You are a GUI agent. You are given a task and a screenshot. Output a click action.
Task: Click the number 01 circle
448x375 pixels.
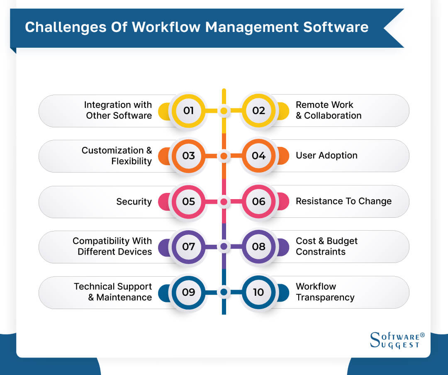tap(189, 111)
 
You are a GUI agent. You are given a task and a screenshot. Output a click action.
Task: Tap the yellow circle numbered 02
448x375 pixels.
tap(258, 111)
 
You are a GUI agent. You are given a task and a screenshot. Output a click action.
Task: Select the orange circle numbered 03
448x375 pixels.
tap(189, 156)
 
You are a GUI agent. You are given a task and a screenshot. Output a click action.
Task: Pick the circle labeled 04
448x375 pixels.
tap(258, 156)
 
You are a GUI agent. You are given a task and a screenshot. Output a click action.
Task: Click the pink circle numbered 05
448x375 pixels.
tap(189, 202)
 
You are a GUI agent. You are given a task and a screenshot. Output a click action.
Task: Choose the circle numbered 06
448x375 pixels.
tap(258, 202)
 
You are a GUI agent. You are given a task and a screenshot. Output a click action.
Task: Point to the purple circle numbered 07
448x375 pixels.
tap(189, 247)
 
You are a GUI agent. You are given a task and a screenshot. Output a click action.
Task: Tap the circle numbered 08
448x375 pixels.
tap(258, 247)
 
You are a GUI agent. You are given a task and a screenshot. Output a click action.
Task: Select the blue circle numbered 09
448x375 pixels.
tap(189, 292)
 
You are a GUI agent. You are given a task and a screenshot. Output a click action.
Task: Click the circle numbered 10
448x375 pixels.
tap(258, 292)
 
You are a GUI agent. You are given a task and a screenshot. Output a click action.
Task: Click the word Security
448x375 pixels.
tap(134, 202)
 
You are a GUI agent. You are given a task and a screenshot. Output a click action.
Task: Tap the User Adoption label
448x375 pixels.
tap(326, 156)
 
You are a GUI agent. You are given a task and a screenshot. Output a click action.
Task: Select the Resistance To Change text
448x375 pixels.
tap(343, 201)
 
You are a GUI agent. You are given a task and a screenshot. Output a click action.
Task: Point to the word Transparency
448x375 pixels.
tap(325, 297)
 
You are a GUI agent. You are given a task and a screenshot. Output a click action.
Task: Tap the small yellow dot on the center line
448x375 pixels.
tap(224, 111)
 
